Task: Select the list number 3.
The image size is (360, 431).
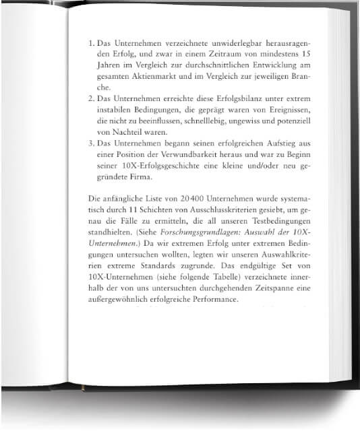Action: click(x=91, y=143)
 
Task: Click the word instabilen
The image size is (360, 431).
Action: click(x=118, y=109)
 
